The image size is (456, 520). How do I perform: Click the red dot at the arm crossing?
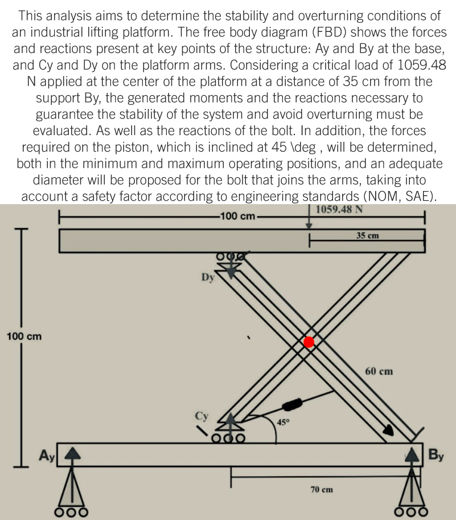(x=309, y=342)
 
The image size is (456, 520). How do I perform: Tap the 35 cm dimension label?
(x=367, y=235)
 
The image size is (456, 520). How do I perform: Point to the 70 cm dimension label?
(x=322, y=489)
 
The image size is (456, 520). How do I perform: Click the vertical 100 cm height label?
(x=23, y=336)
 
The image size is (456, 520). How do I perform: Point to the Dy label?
(x=208, y=278)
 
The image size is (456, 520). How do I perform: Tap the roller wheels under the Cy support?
(x=231, y=438)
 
